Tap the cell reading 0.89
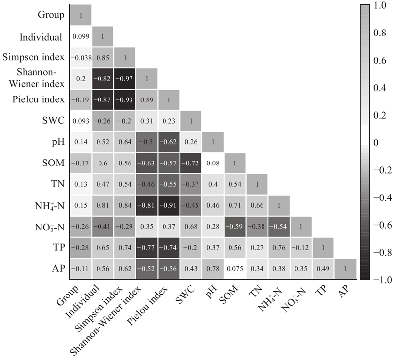[x=147, y=99]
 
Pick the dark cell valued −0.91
[x=169, y=204]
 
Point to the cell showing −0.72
[x=191, y=162]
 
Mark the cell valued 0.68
[x=191, y=225]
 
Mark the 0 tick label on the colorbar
[x=377, y=142]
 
